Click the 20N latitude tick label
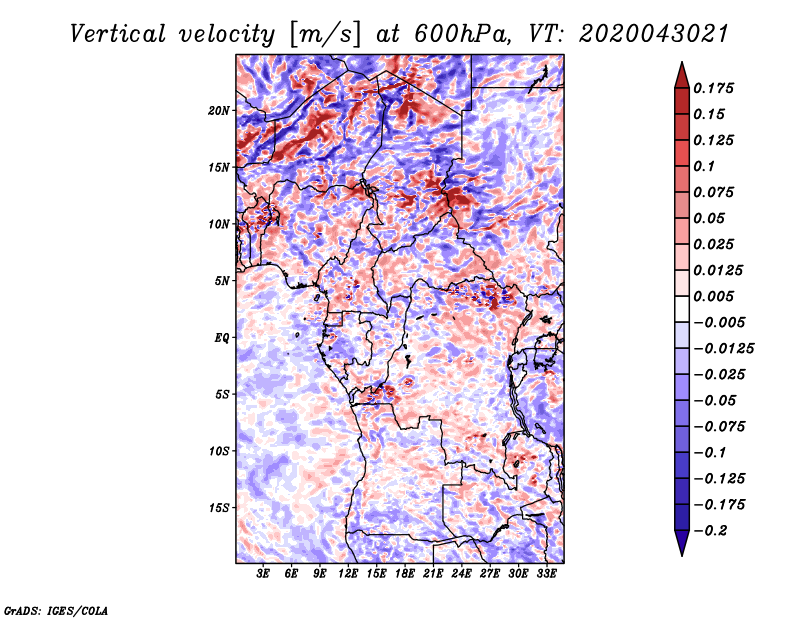(x=219, y=110)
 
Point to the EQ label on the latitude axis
(x=221, y=337)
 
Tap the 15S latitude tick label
(x=219, y=508)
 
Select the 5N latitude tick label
(x=222, y=281)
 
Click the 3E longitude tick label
(x=263, y=573)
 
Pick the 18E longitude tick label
(x=405, y=573)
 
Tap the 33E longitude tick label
(x=546, y=573)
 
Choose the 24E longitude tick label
(x=461, y=573)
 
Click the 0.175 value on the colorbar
(x=713, y=88)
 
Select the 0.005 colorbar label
(x=713, y=296)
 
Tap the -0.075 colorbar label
(x=719, y=427)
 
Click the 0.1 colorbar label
(x=704, y=166)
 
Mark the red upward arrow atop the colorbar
(x=682, y=76)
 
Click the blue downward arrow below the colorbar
(x=682, y=543)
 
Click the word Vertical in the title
(x=118, y=34)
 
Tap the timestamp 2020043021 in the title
(x=654, y=34)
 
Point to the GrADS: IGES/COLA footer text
(x=56, y=610)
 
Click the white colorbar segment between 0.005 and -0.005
(x=682, y=309)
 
